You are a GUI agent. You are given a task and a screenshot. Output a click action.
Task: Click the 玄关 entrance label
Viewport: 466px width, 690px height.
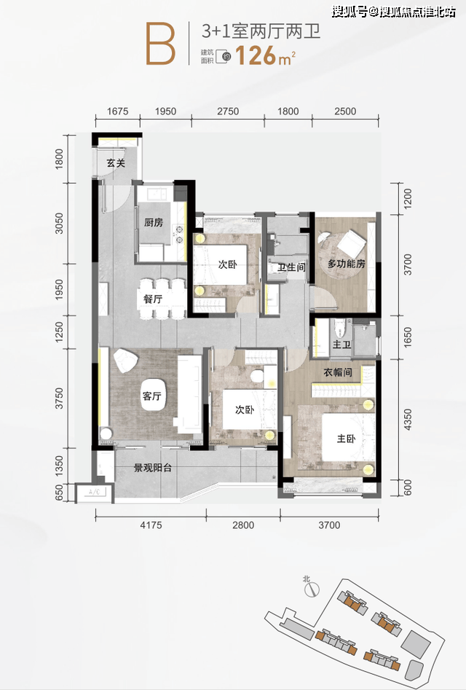pos(116,163)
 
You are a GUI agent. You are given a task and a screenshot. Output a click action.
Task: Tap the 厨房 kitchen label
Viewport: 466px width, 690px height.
pos(154,223)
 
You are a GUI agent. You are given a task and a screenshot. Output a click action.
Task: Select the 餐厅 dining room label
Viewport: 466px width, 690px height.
pos(153,299)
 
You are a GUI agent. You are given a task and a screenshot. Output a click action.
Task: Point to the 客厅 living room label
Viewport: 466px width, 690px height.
pos(151,396)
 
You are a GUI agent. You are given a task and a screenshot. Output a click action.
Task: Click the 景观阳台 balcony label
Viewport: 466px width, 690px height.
pos(153,469)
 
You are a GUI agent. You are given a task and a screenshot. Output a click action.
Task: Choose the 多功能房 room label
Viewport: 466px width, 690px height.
pos(347,264)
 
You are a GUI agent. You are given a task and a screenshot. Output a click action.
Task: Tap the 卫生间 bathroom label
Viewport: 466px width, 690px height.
pos(291,267)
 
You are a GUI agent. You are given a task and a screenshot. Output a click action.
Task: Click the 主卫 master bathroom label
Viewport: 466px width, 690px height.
pos(341,344)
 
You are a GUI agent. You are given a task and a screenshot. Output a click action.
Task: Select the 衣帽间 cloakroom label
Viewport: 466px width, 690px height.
pos(338,373)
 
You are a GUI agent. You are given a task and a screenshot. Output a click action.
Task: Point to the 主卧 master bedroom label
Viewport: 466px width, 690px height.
pos(346,439)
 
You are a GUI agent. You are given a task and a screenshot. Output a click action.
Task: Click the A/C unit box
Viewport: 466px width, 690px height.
pos(95,493)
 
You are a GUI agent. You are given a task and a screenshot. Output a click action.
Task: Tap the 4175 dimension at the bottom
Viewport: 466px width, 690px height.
pos(151,525)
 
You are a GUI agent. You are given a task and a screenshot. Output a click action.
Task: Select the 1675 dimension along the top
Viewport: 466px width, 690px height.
pos(117,111)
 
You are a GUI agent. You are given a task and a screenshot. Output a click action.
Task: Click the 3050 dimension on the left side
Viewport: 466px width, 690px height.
pos(60,223)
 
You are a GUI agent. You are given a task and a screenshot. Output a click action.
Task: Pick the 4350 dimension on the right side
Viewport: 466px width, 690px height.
pos(408,420)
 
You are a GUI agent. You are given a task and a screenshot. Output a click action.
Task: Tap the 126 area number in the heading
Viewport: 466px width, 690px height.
pos(256,56)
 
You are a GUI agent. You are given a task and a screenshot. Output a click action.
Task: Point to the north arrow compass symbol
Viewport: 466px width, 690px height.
pos(311,589)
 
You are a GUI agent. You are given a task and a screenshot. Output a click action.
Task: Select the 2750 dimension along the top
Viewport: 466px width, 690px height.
pos(228,111)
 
